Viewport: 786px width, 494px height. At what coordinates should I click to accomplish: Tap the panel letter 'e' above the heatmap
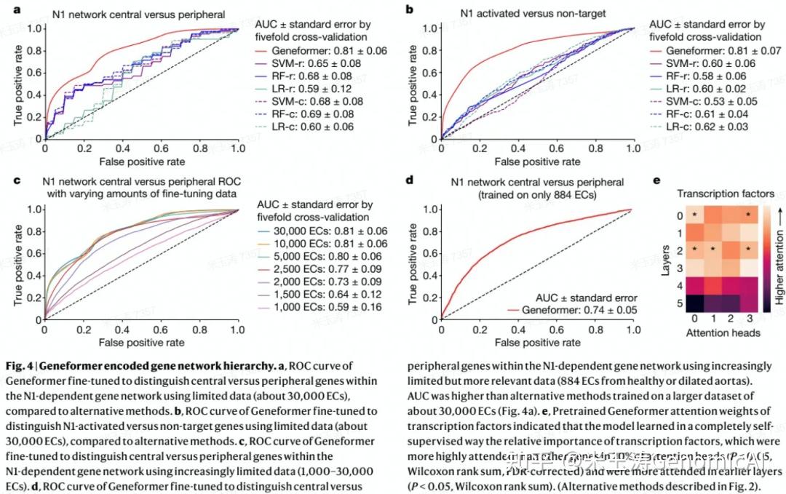(x=657, y=179)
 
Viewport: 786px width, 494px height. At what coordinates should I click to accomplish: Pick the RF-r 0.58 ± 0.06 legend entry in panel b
(x=699, y=76)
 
